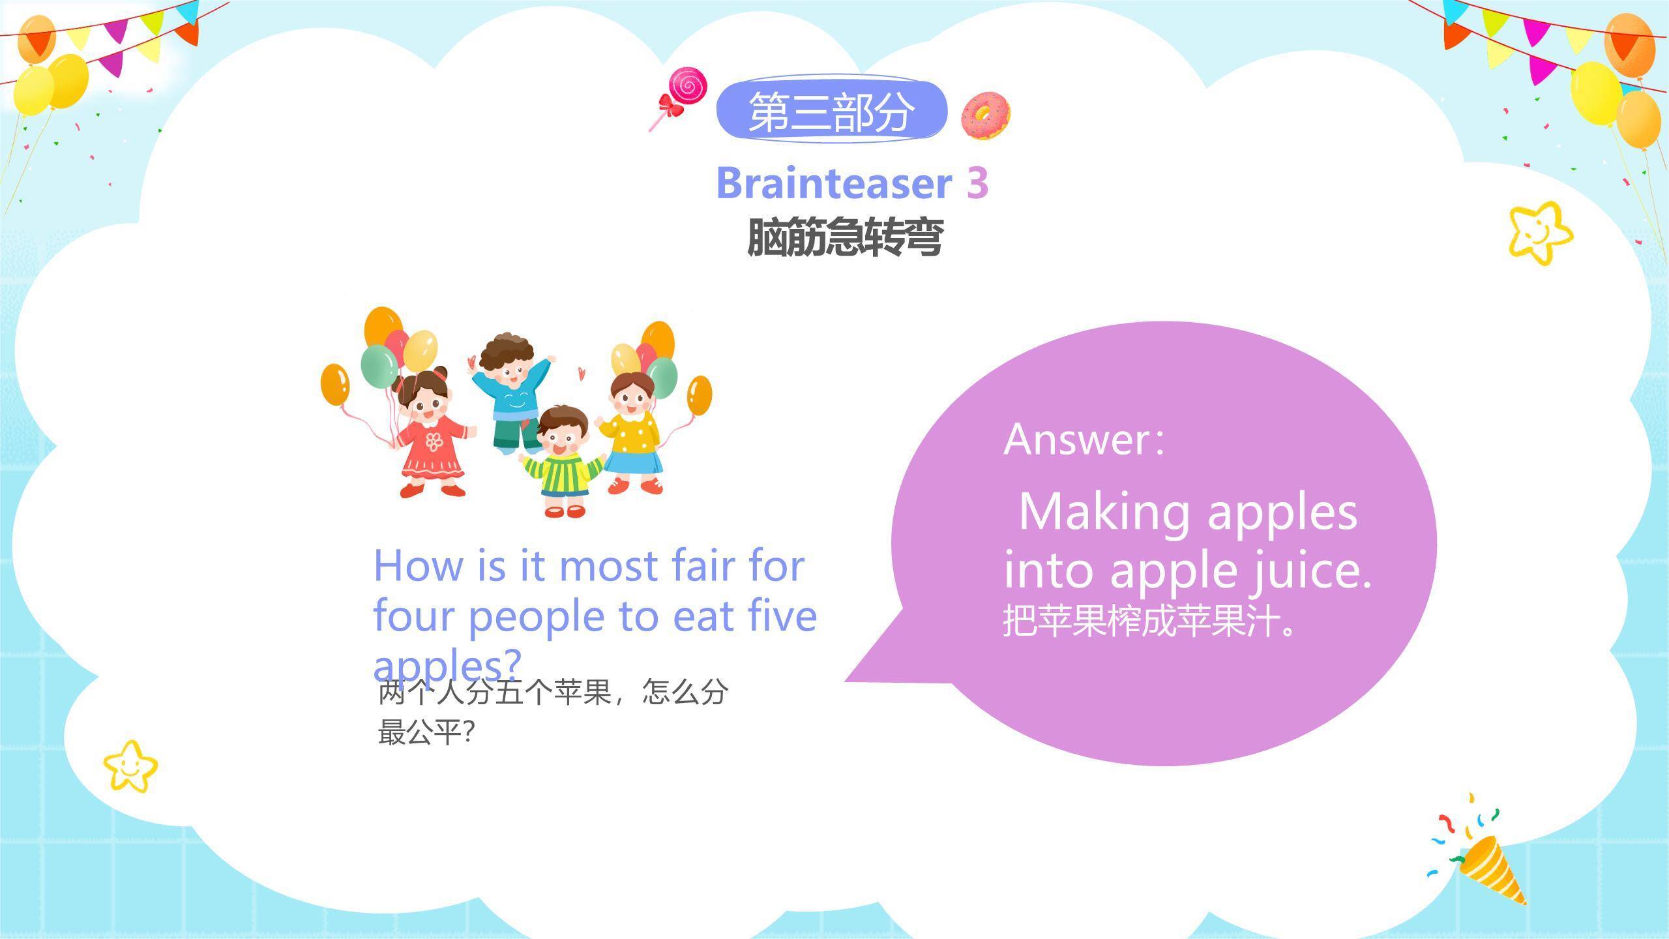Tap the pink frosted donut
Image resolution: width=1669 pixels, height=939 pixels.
pos(986,116)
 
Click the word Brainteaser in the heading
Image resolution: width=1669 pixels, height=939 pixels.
pos(834,183)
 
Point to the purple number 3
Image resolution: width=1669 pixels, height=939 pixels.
pos(977,183)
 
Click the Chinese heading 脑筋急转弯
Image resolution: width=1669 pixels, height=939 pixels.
pos(845,237)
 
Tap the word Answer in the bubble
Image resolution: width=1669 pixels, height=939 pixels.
pos(1078,440)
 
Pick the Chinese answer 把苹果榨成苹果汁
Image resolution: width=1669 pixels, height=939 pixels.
pos(1147,621)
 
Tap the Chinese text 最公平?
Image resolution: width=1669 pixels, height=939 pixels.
pos(427,733)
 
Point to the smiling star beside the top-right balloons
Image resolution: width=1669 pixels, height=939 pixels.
pos(1540,233)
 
